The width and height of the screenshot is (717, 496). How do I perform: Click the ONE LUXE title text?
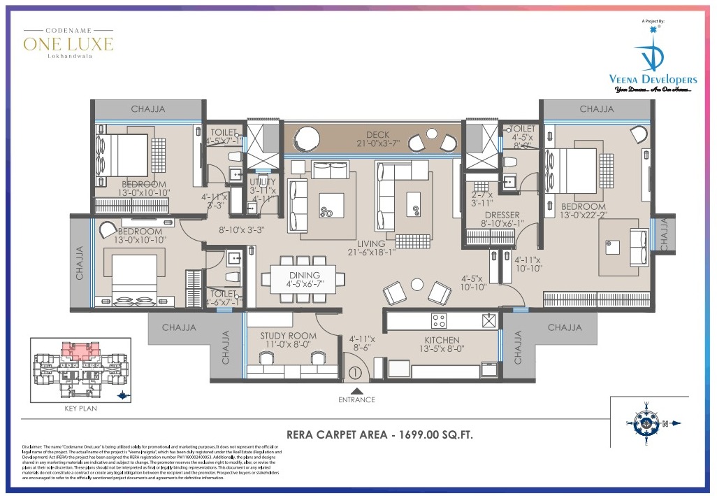68,45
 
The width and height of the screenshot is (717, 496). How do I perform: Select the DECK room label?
377,135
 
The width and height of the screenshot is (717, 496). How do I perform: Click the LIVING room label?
371,243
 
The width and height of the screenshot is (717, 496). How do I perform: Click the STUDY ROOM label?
288,336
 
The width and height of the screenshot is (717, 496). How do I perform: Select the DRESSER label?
500,215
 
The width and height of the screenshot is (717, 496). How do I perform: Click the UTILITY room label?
263,182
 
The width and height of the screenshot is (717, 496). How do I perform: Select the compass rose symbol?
647,423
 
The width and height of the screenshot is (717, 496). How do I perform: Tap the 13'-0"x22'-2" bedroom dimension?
583,215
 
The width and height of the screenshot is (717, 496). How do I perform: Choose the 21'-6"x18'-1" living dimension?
371,253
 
